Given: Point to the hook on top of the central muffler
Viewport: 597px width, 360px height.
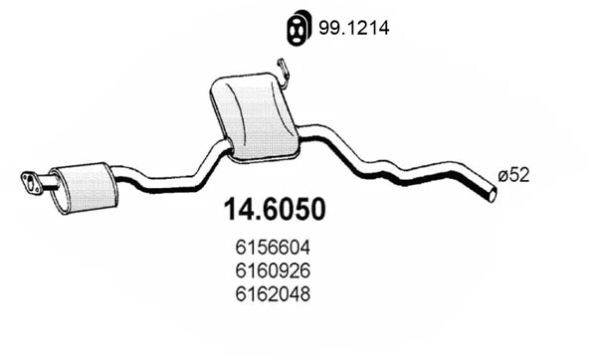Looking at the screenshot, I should coord(284,71).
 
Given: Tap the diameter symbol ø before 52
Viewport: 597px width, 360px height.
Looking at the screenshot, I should coord(501,174).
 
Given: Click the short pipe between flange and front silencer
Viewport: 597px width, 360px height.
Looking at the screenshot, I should coord(49,182).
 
